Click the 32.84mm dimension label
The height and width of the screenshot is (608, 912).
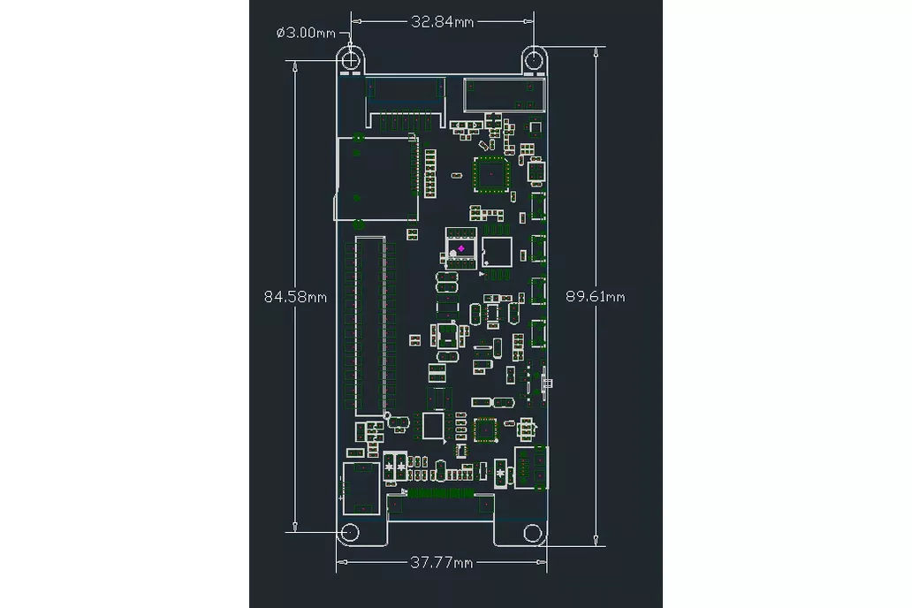tap(442, 22)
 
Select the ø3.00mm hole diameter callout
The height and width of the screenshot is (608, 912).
tap(306, 33)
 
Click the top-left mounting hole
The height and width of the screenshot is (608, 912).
tap(352, 59)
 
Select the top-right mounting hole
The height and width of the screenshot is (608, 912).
tap(535, 59)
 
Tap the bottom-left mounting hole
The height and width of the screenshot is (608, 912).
tap(350, 533)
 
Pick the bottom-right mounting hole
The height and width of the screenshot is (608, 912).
tap(532, 533)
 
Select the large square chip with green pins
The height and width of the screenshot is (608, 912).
tap(489, 174)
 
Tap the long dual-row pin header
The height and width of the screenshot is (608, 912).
tap(370, 325)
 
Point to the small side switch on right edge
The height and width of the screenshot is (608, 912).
tap(548, 383)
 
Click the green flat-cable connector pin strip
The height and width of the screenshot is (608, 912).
tap(439, 492)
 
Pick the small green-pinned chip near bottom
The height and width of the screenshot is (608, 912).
tap(485, 429)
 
